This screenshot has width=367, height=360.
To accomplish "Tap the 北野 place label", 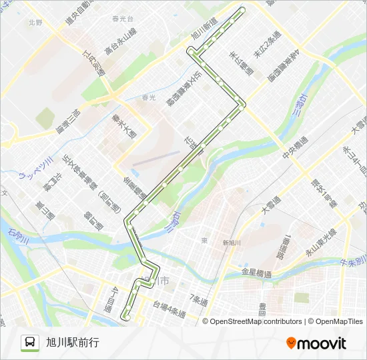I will tap(35, 22).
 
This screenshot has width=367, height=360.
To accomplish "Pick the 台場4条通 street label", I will tap(167, 309).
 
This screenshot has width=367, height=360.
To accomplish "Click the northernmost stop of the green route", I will tap(242, 9).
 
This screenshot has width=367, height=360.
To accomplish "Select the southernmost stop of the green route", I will tap(125, 315).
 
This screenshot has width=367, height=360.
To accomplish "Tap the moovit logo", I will tap(316, 343).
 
